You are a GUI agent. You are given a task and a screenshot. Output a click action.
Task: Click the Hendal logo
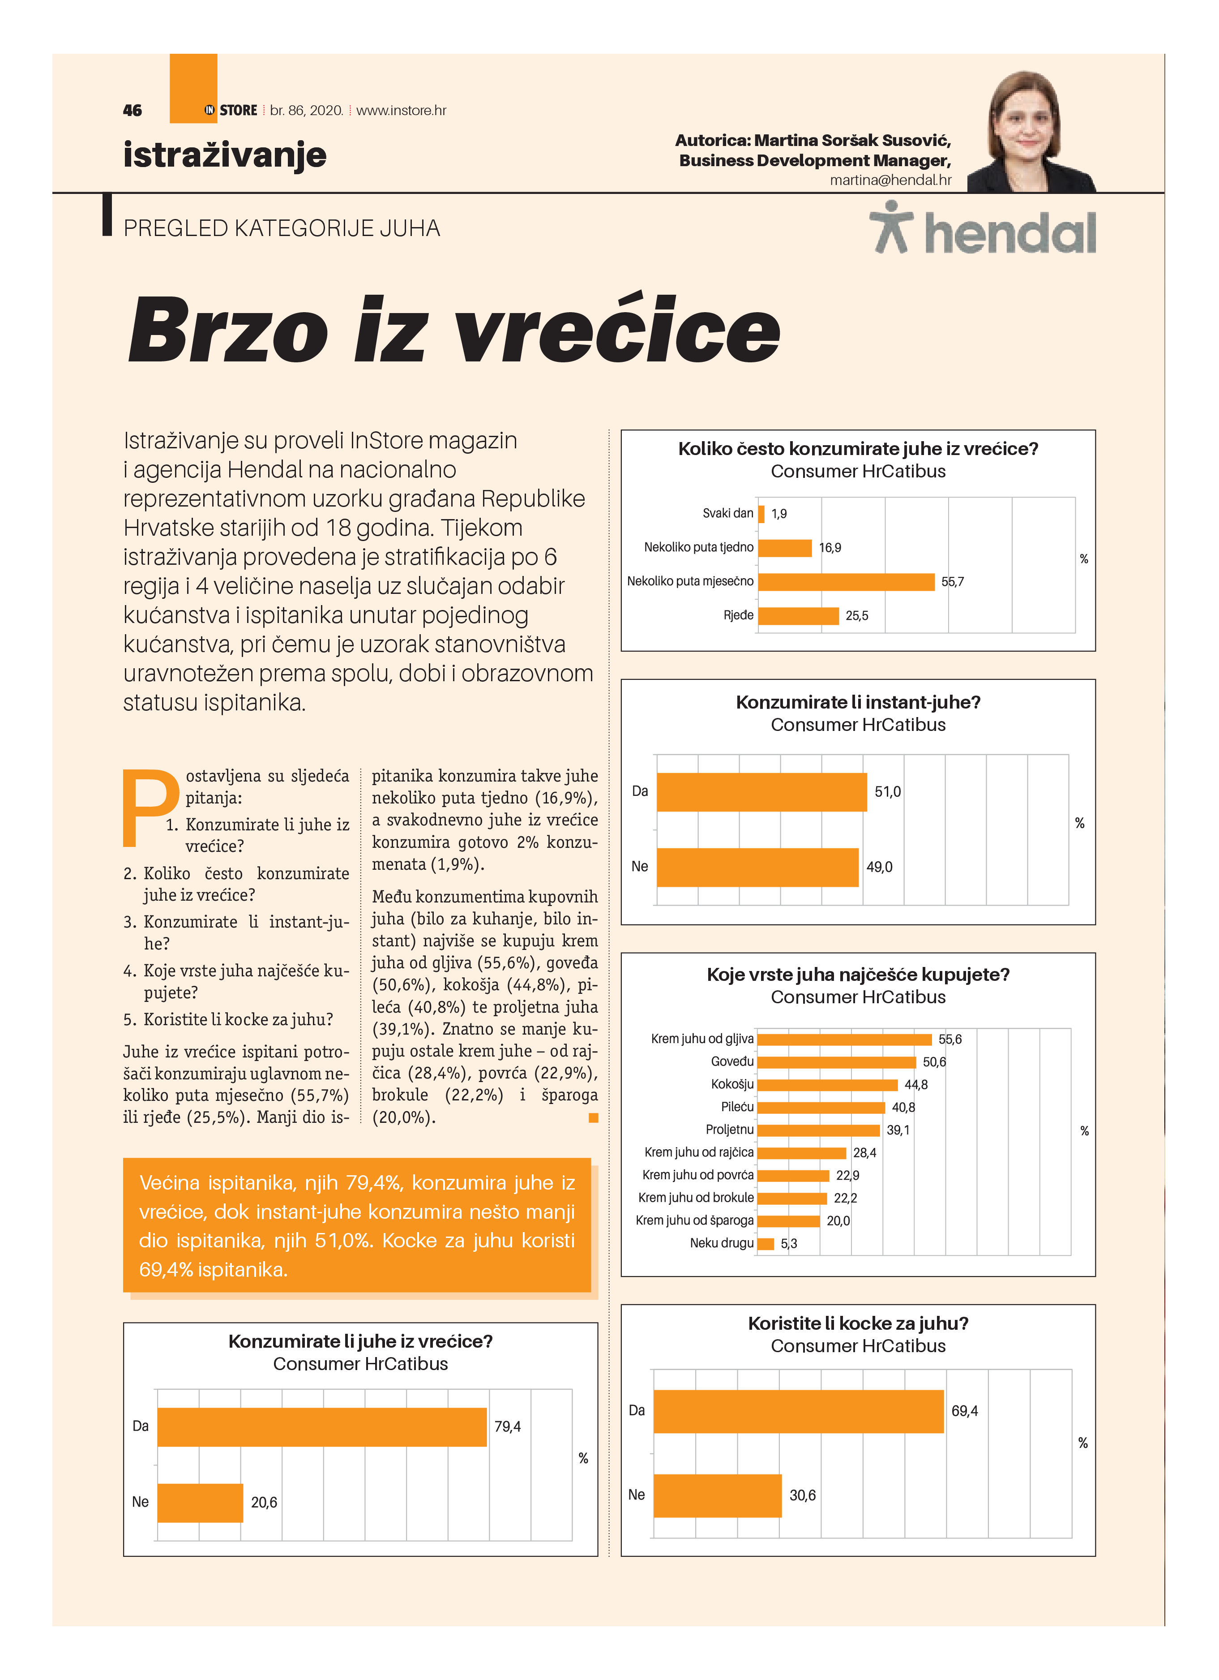pyautogui.click(x=982, y=232)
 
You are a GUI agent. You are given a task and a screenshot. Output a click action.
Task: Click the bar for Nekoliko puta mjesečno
pyautogui.click(x=846, y=581)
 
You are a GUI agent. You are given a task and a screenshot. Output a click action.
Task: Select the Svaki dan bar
pyautogui.click(x=761, y=513)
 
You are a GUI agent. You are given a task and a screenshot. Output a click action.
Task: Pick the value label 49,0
pyautogui.click(x=879, y=867)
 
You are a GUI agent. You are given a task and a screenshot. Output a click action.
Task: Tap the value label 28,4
pyautogui.click(x=864, y=1152)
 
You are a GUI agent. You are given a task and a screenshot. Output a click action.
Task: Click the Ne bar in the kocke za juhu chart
pyautogui.click(x=717, y=1495)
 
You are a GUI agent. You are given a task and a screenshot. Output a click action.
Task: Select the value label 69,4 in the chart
pyautogui.click(x=964, y=1411)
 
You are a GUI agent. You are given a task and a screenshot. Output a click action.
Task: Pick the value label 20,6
pyautogui.click(x=264, y=1502)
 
